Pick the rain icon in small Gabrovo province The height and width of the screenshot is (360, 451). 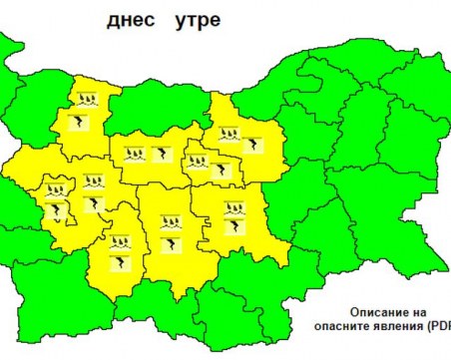pos(199,160)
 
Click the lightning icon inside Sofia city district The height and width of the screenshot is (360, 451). pos(58,209)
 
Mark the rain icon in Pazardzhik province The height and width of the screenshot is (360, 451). pos(120,241)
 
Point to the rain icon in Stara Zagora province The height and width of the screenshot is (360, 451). pos(233,207)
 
